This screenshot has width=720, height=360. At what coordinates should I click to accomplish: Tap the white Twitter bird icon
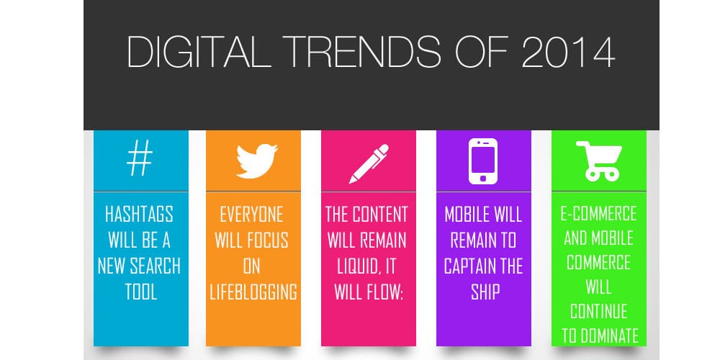257,161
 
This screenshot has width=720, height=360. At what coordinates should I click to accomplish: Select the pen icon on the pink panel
369,163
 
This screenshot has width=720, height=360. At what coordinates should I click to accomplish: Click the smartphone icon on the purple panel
482,161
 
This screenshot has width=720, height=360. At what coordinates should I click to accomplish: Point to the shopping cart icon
599,161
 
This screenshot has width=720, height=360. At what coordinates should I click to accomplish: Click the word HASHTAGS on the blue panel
139,214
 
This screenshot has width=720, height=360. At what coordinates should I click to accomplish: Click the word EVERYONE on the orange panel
251,215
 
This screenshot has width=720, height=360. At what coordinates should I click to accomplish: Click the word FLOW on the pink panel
382,292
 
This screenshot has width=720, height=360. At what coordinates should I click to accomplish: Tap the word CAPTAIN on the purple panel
467,266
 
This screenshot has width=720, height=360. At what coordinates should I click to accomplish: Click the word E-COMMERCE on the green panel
599,214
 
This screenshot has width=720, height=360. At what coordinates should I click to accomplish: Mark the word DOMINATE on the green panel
611,336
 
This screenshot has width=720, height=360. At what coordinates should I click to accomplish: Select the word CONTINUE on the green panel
599,311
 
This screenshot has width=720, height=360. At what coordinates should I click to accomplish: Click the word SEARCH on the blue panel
155,266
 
